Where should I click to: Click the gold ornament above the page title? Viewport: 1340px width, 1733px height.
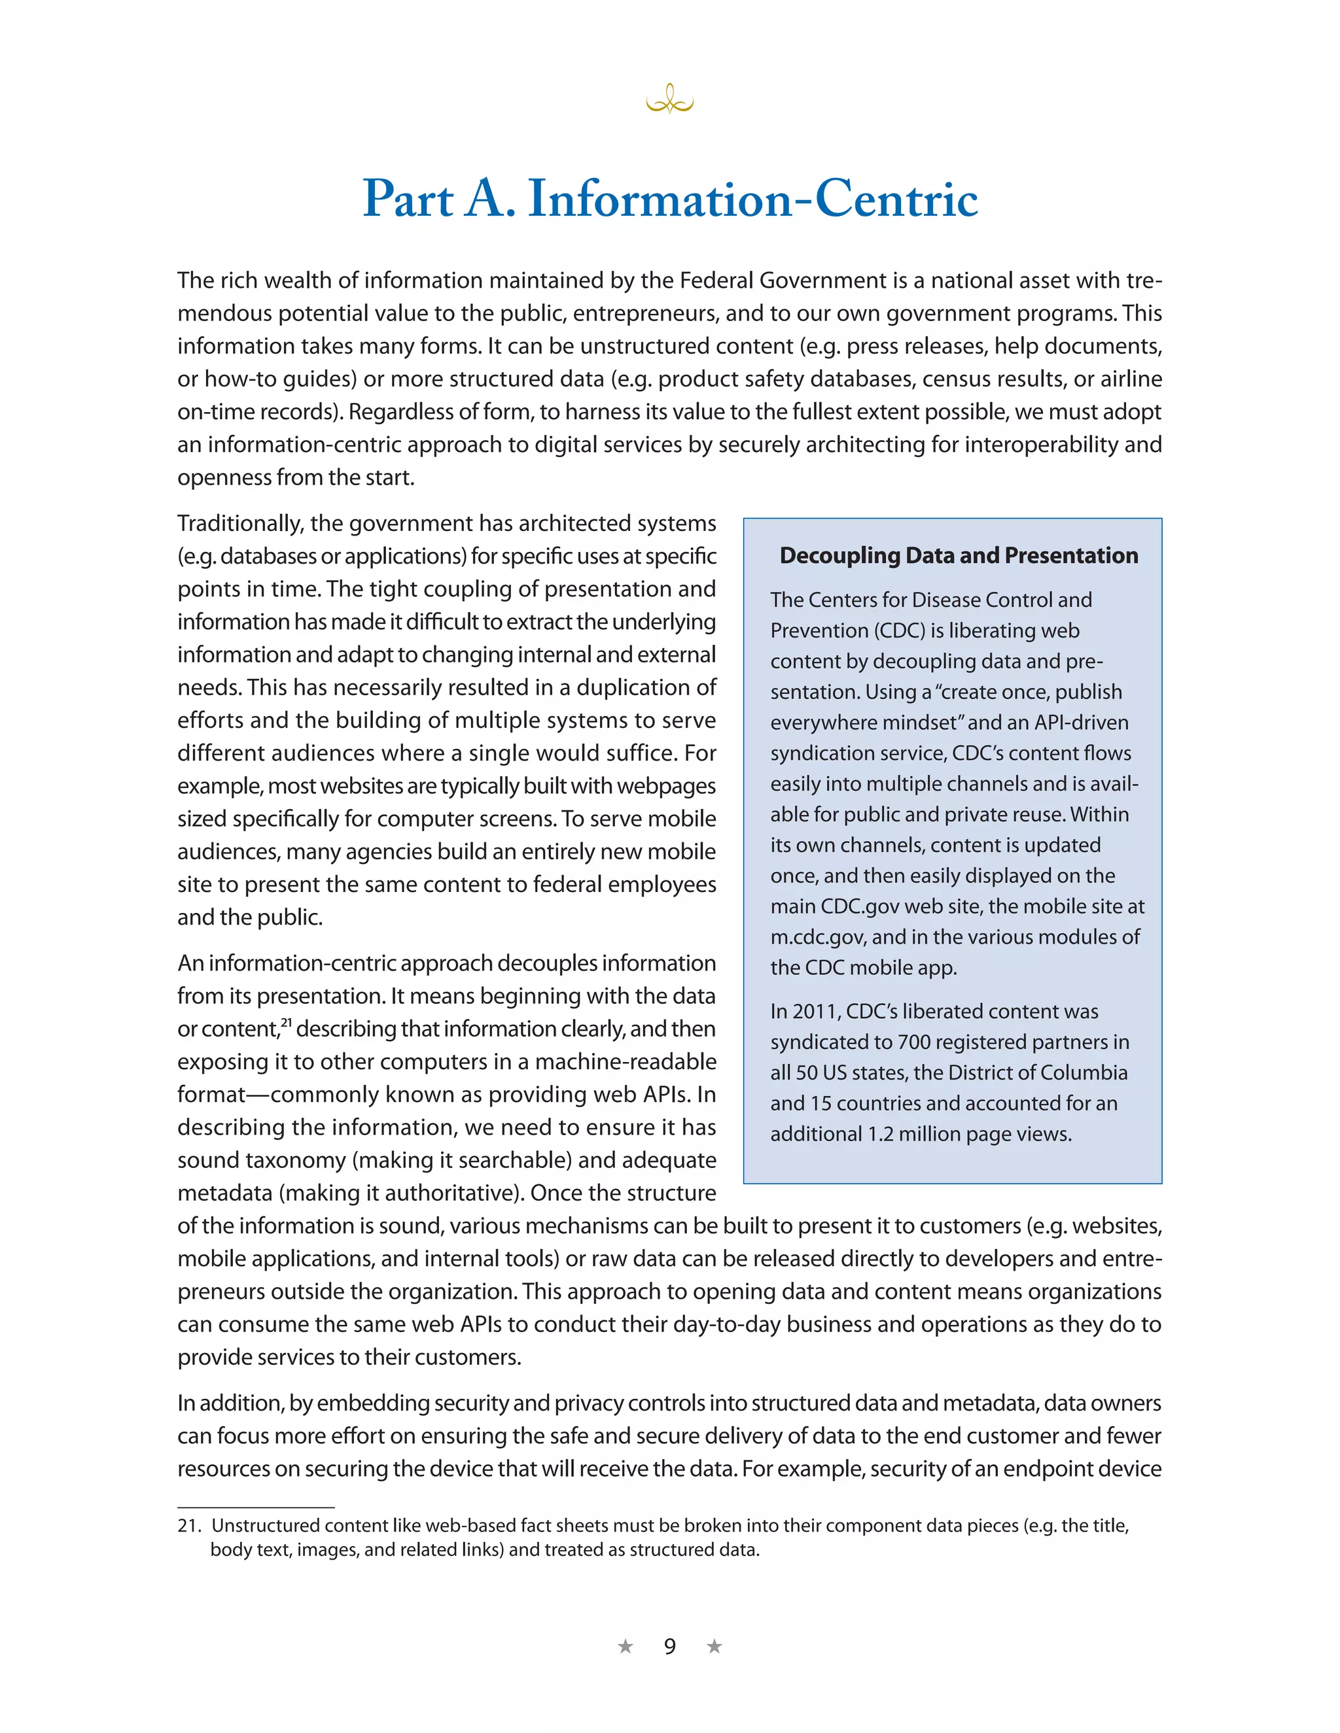point(669,100)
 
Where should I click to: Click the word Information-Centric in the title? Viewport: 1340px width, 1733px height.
point(752,198)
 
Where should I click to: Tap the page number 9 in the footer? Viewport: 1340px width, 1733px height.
point(669,1647)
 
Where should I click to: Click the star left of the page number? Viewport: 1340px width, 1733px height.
point(626,1647)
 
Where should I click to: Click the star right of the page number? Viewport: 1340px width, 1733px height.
point(714,1647)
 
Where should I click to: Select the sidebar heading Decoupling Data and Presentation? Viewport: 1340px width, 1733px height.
point(958,555)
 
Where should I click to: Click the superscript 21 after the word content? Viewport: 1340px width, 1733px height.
point(287,1022)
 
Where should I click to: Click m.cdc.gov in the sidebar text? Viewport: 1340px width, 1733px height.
point(819,937)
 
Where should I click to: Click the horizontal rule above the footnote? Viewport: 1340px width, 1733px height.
point(256,1507)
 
